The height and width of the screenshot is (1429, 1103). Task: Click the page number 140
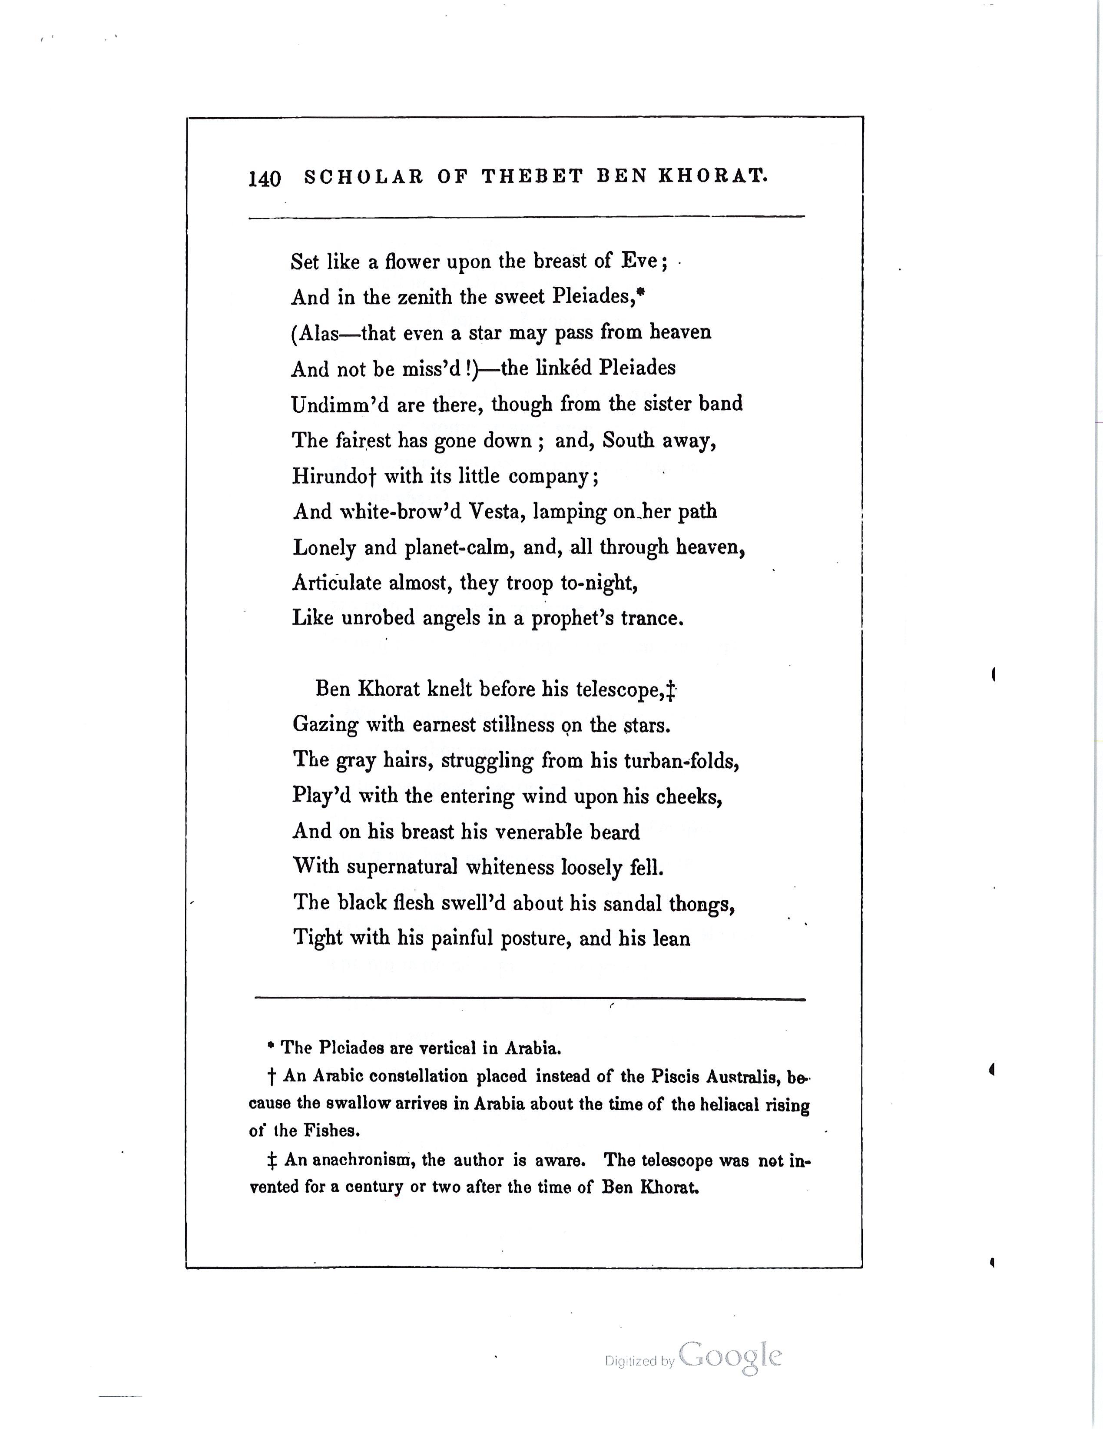pyautogui.click(x=264, y=179)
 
